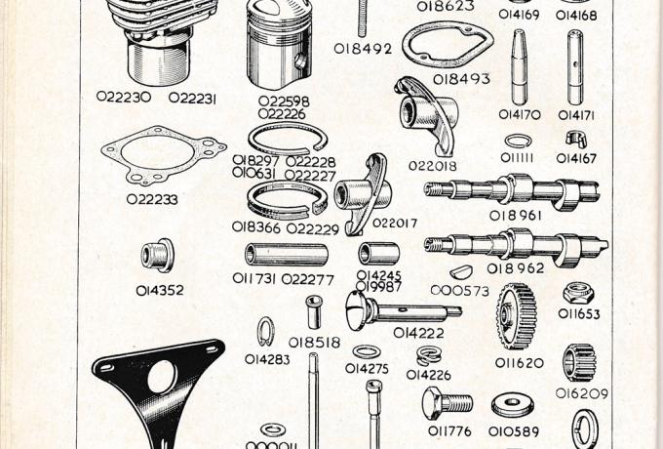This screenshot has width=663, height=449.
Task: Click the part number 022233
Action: point(152,199)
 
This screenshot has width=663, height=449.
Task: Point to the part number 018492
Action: point(362,47)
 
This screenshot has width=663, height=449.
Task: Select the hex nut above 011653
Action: point(577,293)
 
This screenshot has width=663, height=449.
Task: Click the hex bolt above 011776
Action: point(447,402)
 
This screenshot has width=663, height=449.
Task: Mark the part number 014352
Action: point(159,290)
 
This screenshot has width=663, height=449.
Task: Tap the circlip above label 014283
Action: point(264,334)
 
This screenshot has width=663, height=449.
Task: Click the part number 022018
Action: point(432,166)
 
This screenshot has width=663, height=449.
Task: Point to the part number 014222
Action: point(418,332)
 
